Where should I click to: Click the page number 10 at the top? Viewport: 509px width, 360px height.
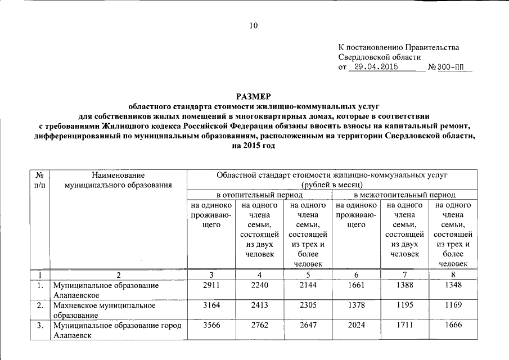[254, 26]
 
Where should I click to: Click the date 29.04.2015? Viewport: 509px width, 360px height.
[373, 67]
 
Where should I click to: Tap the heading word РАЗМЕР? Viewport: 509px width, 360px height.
[254, 96]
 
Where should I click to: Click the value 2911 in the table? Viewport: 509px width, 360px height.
[210, 285]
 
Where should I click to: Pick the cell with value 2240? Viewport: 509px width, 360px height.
[258, 285]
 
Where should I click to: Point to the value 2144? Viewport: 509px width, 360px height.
[308, 285]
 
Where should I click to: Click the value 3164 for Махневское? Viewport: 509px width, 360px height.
[210, 305]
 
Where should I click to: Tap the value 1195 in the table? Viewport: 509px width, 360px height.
[404, 305]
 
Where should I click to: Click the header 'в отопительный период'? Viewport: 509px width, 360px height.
[259, 195]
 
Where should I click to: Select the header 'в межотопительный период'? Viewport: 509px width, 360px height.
[404, 195]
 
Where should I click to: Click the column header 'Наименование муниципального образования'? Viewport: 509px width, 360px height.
[118, 180]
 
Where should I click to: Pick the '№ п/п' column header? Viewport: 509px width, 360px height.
[39, 180]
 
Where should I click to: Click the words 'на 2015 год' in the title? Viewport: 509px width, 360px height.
[254, 146]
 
